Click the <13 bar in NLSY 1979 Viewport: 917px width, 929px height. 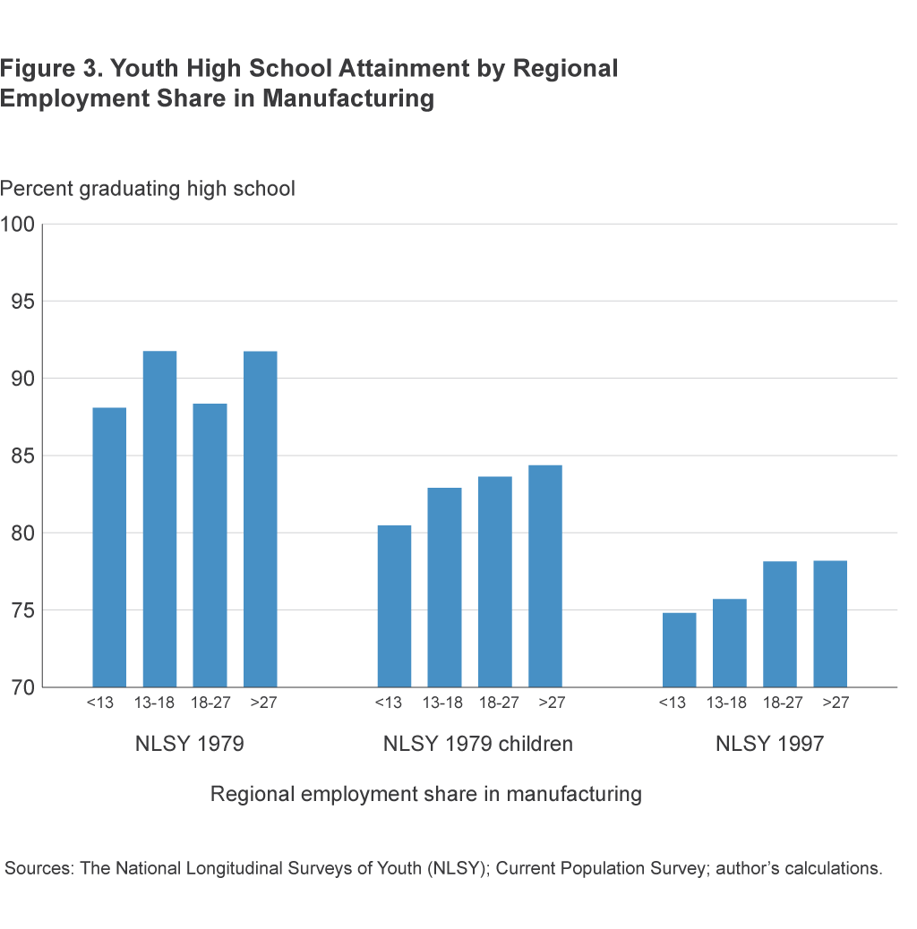pyautogui.click(x=109, y=547)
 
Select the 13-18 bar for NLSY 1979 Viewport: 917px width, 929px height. pyautogui.click(x=159, y=519)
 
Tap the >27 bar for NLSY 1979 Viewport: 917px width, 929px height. pyautogui.click(x=260, y=519)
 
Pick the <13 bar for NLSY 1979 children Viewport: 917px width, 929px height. pyautogui.click(x=394, y=606)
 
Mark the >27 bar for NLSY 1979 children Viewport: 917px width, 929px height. pyautogui.click(x=544, y=576)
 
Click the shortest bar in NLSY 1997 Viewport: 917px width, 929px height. pyautogui.click(x=679, y=650)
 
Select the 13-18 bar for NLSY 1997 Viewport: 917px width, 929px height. pyautogui.click(x=729, y=643)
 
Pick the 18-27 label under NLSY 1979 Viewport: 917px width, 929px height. pyautogui.click(x=210, y=703)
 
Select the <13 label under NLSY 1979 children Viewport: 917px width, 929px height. pyautogui.click(x=388, y=703)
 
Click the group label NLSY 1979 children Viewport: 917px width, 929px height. pyautogui.click(x=477, y=745)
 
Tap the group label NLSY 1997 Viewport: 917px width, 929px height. pyautogui.click(x=769, y=745)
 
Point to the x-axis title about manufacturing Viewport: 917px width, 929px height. pyautogui.click(x=425, y=794)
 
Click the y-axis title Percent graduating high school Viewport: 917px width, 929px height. pyautogui.click(x=148, y=190)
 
